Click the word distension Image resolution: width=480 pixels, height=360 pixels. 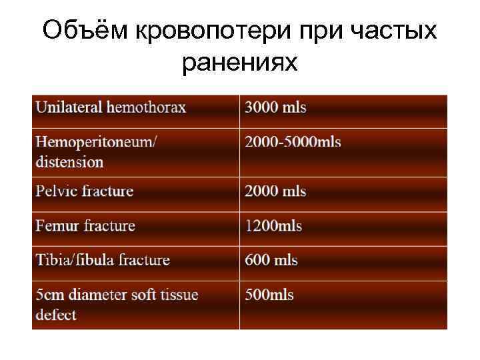[x=70, y=162]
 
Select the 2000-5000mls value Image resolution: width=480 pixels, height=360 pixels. [x=293, y=142]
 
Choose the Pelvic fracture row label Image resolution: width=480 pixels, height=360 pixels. [x=85, y=191]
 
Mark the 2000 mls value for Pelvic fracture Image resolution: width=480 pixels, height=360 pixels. [x=275, y=191]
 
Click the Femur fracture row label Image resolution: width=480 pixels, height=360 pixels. [x=85, y=226]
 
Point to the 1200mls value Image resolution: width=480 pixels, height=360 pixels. [x=273, y=226]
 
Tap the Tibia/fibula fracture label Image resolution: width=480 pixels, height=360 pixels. [x=103, y=260]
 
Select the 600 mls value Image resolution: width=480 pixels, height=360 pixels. [x=271, y=260]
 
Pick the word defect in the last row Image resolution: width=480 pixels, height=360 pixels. [x=56, y=315]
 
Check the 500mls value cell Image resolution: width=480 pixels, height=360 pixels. [x=269, y=295]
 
